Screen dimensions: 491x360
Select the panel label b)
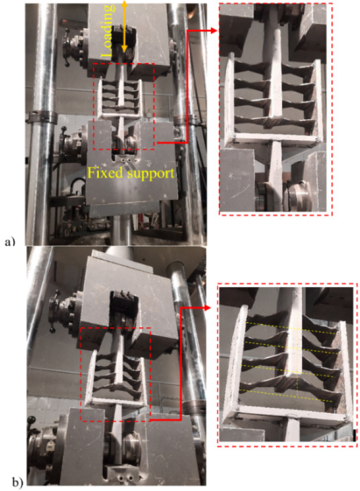[x=16, y=482]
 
